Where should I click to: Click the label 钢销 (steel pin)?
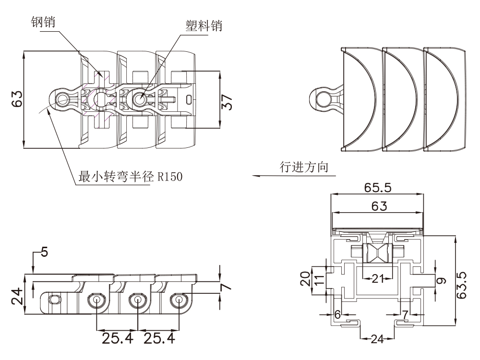click(x=43, y=22)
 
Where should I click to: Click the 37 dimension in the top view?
click(x=228, y=101)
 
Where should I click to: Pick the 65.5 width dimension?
click(x=378, y=188)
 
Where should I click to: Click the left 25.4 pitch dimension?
click(x=118, y=339)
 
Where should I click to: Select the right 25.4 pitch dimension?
click(x=159, y=339)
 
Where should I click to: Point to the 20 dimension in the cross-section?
click(x=305, y=278)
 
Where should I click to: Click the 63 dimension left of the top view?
click(x=17, y=99)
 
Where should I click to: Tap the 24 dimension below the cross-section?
click(x=378, y=339)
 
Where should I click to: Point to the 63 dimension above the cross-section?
click(x=378, y=206)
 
